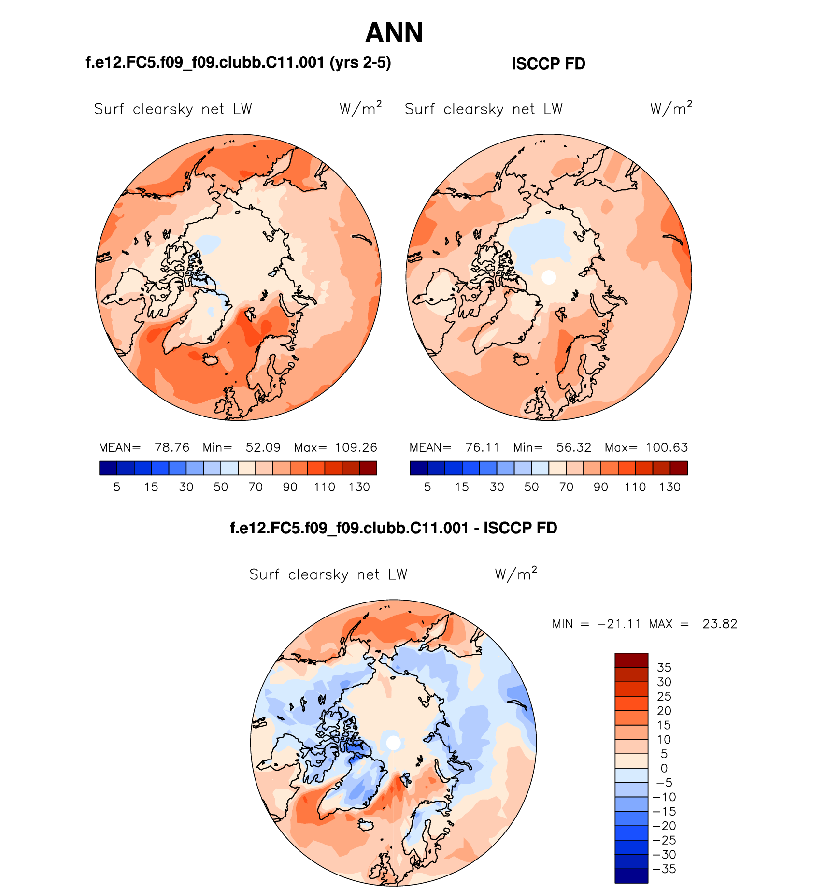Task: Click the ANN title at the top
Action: pyautogui.click(x=394, y=33)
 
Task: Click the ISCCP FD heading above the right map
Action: pyautogui.click(x=548, y=64)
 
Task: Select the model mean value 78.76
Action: pyautogui.click(x=172, y=447)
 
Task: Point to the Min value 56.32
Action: pyautogui.click(x=573, y=447)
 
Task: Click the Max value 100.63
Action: pyautogui.click(x=667, y=447)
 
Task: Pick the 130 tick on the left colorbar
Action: pyautogui.click(x=359, y=487)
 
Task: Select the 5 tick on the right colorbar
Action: pyautogui.click(x=427, y=487)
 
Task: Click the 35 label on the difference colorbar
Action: pyautogui.click(x=664, y=668)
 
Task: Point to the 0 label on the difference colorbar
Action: pyautogui.click(x=664, y=768)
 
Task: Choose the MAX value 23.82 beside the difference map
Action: pyautogui.click(x=720, y=624)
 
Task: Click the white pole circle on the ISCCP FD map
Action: pyautogui.click(x=549, y=277)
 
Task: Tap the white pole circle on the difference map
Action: pyautogui.click(x=394, y=743)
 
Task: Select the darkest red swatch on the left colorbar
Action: pyautogui.click(x=368, y=468)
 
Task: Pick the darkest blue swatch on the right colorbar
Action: pyautogui.click(x=418, y=468)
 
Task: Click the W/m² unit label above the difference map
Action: pyautogui.click(x=516, y=574)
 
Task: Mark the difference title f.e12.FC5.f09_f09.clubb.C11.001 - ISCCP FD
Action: pyautogui.click(x=394, y=528)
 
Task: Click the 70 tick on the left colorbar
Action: pyautogui.click(x=256, y=487)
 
